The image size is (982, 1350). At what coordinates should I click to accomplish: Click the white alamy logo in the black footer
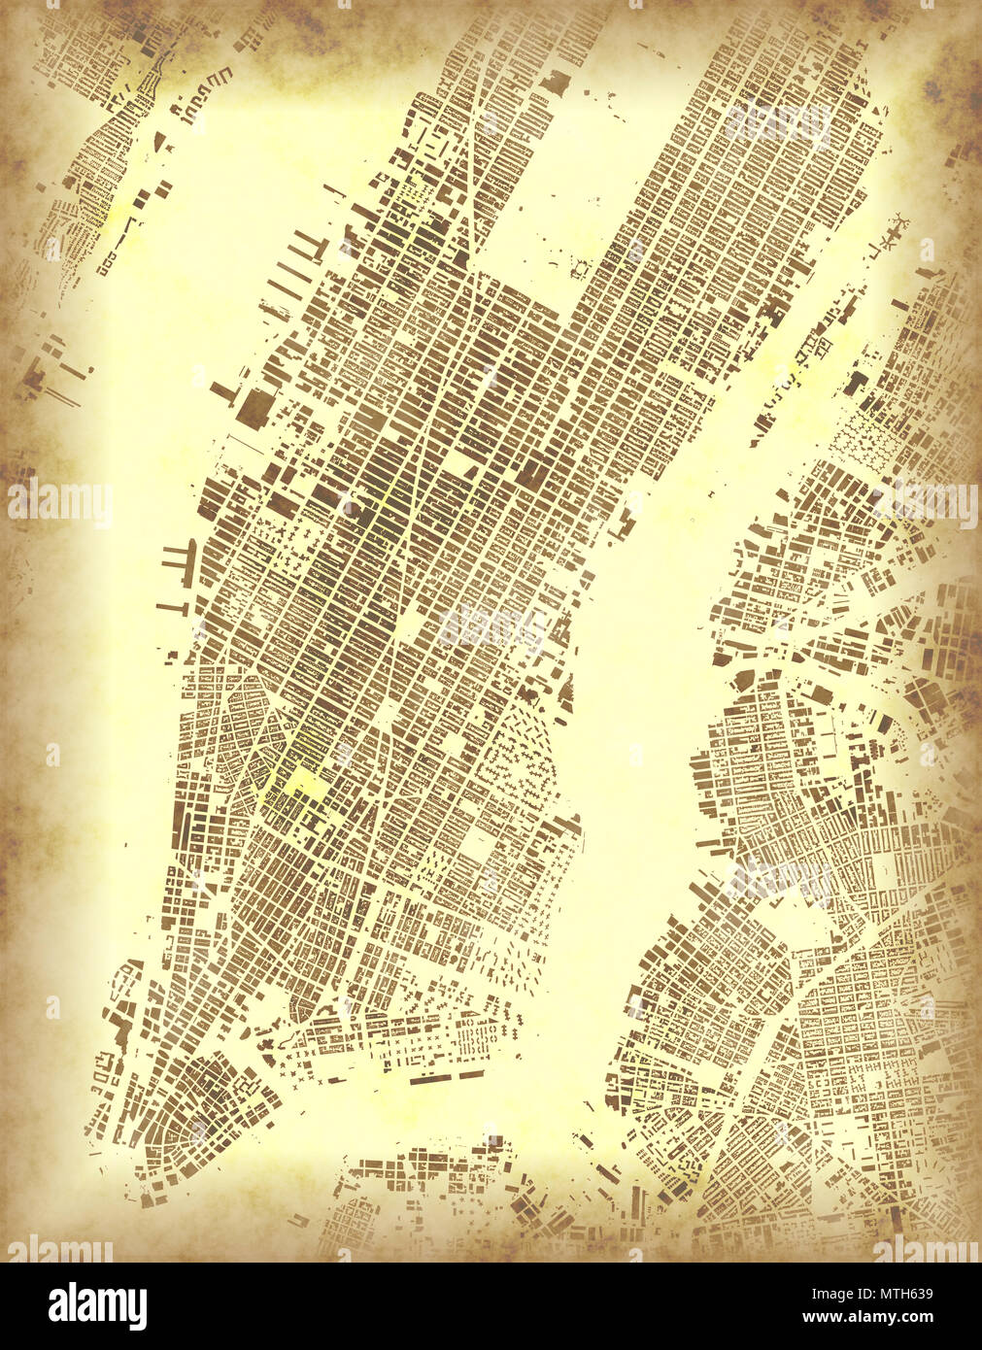97,1305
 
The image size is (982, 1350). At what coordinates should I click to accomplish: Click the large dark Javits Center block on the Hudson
255,408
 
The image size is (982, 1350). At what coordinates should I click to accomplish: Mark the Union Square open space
389,714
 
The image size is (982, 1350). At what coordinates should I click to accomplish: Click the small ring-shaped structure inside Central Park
581,267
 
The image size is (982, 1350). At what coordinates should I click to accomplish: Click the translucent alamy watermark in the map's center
491,626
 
